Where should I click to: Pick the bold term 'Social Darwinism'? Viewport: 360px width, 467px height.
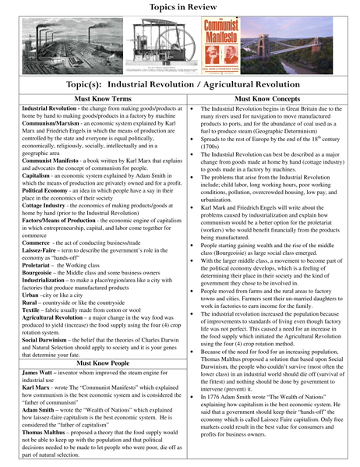coord(46,341)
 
